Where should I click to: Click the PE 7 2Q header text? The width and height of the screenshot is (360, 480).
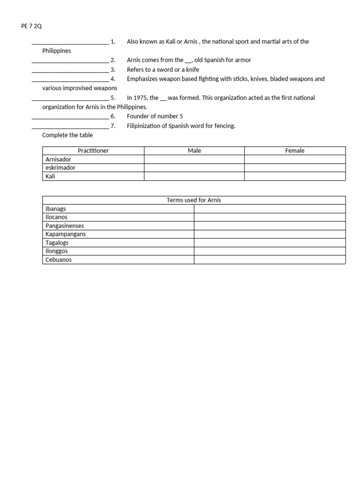pyautogui.click(x=31, y=26)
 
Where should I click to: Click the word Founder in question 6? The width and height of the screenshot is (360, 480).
pyautogui.click(x=138, y=116)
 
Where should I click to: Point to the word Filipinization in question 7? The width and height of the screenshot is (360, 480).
pyautogui.click(x=143, y=126)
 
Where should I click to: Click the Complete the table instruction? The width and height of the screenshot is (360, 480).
pyautogui.click(x=67, y=135)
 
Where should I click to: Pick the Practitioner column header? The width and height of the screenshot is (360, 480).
pyautogui.click(x=93, y=151)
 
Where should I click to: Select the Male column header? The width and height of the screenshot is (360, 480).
pyautogui.click(x=194, y=151)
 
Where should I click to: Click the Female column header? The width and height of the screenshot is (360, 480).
pyautogui.click(x=295, y=151)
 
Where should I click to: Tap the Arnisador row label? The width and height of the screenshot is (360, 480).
pyautogui.click(x=59, y=159)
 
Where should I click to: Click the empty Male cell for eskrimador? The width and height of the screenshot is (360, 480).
pyautogui.click(x=194, y=168)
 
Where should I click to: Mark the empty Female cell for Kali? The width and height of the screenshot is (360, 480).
pyautogui.click(x=295, y=176)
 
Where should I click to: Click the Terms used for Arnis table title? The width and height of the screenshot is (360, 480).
pyautogui.click(x=194, y=200)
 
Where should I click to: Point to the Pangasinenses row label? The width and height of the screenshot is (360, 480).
pyautogui.click(x=65, y=226)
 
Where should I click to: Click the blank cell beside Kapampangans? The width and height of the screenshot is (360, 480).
pyautogui.click(x=270, y=234)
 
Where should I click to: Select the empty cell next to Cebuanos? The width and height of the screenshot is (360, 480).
pyautogui.click(x=270, y=260)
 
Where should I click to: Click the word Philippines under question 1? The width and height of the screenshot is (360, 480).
pyautogui.click(x=57, y=51)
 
